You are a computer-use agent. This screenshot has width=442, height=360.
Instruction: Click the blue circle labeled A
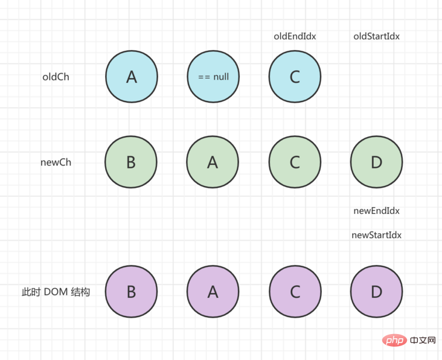point(132,77)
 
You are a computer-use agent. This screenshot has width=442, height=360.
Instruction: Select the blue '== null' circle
point(213,77)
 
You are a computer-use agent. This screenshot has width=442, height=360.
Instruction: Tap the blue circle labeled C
point(295,77)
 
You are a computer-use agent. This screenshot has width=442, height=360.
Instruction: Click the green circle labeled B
point(131,162)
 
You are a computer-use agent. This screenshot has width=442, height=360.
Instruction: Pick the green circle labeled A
point(213,162)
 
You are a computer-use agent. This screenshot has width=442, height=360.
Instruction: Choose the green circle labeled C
point(295,162)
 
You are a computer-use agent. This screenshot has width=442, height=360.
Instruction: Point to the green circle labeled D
point(376,162)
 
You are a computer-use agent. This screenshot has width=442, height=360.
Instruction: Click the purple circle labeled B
point(131,292)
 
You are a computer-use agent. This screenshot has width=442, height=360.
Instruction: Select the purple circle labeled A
point(213,292)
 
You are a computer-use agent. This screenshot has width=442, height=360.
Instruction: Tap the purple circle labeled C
point(295,292)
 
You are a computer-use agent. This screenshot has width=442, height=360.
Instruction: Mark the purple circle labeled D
point(376,292)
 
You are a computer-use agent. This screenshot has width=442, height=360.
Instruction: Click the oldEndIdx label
point(295,36)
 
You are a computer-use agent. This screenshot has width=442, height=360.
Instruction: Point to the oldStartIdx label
point(376,36)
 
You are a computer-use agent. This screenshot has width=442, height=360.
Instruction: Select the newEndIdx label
point(376,211)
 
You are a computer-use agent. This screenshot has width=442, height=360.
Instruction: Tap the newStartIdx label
point(376,235)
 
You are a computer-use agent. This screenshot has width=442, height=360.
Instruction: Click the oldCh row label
point(56,77)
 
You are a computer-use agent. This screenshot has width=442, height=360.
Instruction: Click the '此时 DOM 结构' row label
point(56,292)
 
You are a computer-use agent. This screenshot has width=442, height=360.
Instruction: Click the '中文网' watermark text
point(422,341)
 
